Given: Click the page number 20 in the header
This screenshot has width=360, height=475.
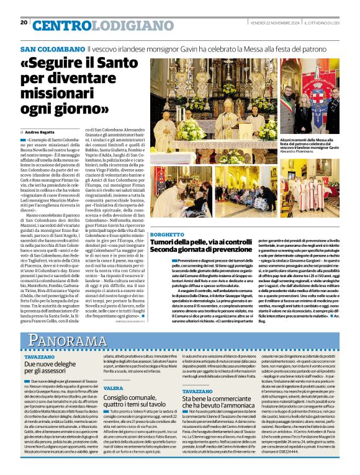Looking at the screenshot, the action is pyautogui.click(x=24, y=22).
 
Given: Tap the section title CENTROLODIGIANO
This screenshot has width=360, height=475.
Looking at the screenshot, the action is pyautogui.click(x=85, y=25).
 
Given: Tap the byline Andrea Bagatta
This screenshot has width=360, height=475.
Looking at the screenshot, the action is pyautogui.click(x=41, y=132).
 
